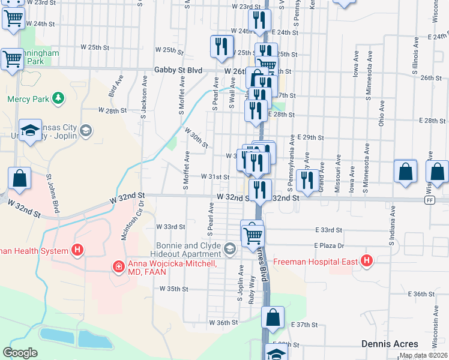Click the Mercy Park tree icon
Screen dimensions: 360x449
coord(58,97)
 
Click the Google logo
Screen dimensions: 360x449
coord(20,353)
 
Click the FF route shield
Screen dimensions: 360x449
coord(429,200)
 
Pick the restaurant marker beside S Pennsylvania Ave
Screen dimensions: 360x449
coord(307,179)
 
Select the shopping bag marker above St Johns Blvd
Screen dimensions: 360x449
coord(19,178)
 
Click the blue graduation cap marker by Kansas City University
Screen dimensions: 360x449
coord(29,131)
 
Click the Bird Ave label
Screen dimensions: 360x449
coord(112,90)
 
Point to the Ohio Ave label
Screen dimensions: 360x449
coord(381,113)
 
